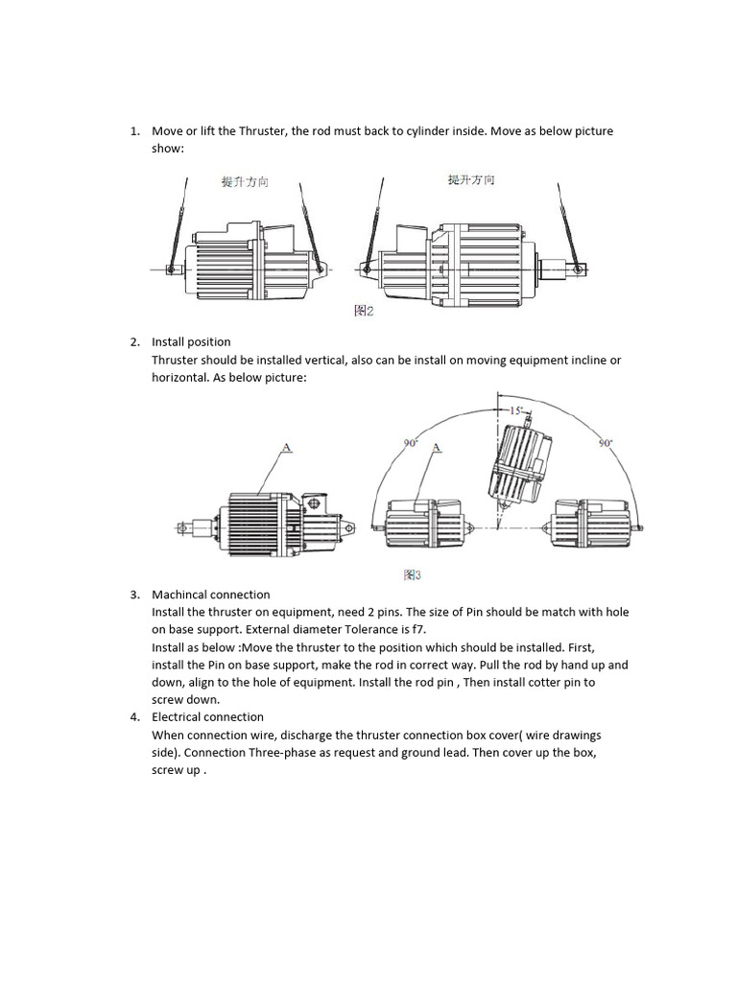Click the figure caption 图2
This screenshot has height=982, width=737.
pyautogui.click(x=364, y=311)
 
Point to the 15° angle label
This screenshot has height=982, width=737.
pyautogui.click(x=514, y=410)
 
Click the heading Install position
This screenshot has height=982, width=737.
pyautogui.click(x=191, y=342)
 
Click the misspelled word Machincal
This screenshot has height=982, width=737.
pyautogui.click(x=179, y=595)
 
